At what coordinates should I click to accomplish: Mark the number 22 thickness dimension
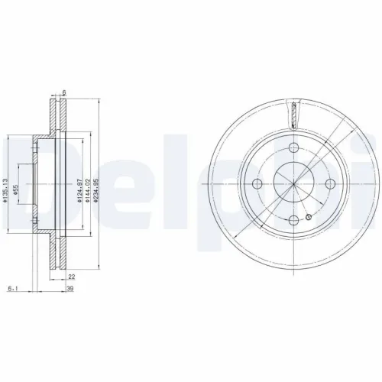(x=70, y=278)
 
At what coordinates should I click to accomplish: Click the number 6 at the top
(x=65, y=92)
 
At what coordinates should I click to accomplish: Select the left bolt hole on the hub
(x=257, y=183)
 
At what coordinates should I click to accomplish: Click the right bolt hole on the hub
(x=331, y=183)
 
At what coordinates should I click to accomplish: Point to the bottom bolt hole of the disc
(x=293, y=219)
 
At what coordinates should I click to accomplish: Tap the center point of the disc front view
(x=293, y=183)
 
